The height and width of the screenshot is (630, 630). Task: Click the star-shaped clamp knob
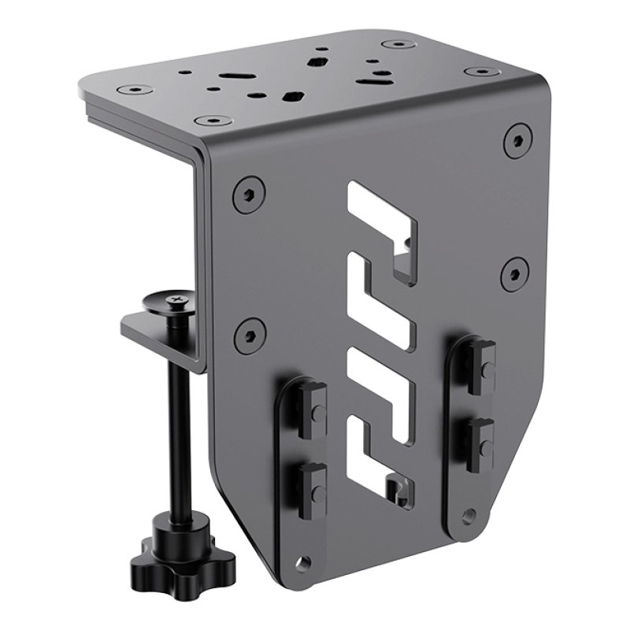pos(159,551)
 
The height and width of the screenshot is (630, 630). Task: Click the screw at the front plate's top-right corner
pos(517,141)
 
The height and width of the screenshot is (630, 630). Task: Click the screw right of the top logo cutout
pos(514,272)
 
